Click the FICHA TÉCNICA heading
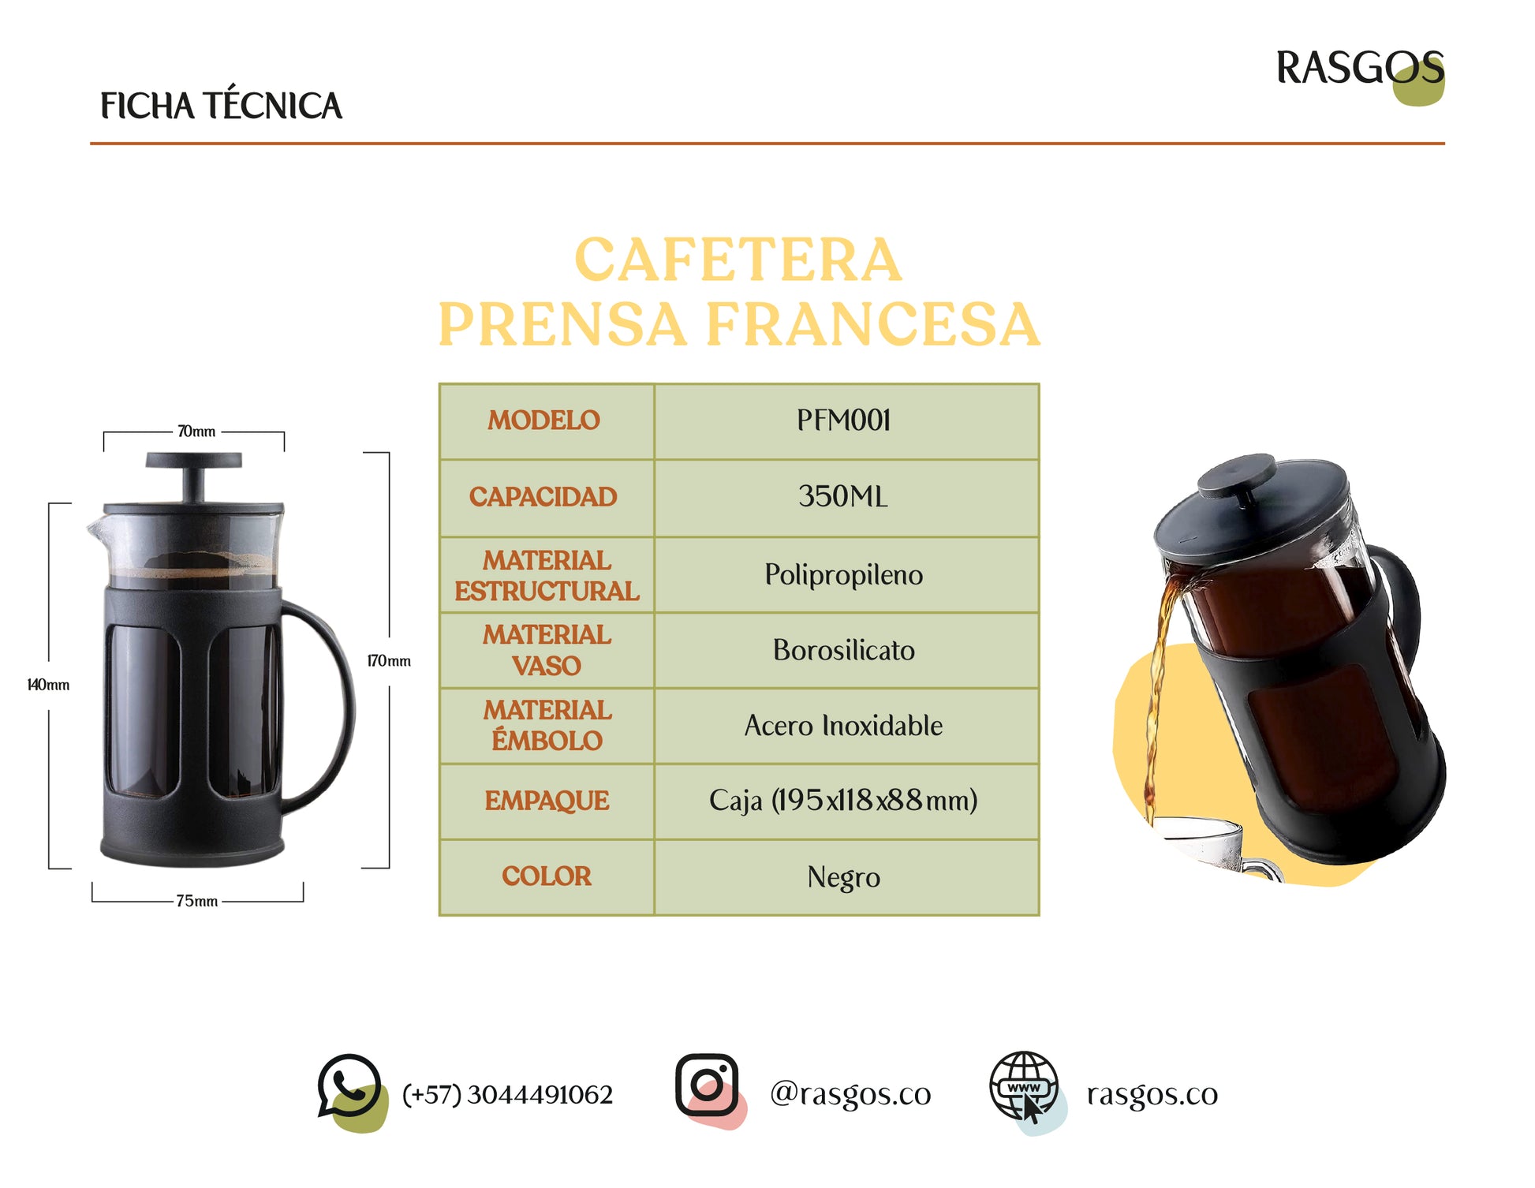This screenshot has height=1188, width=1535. point(221,106)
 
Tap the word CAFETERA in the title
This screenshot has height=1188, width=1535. point(738,260)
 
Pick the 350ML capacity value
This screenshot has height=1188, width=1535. point(843,496)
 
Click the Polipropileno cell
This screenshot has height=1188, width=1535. point(843,574)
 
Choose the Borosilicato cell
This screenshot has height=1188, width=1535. point(843,650)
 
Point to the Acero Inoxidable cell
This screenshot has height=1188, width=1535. point(843,725)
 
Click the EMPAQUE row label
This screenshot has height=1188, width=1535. point(547,801)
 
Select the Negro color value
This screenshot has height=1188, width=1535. point(843,877)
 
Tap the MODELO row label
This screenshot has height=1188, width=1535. point(543,420)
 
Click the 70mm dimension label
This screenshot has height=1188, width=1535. point(196,431)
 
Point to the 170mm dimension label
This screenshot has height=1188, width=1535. point(389,661)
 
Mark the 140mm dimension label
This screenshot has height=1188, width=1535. point(48,685)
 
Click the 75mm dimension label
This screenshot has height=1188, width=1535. point(196,901)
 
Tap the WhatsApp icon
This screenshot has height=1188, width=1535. point(352,1092)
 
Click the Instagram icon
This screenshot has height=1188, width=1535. point(709,1089)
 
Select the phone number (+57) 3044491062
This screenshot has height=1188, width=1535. point(507,1095)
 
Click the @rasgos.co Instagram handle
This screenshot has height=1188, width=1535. point(850,1094)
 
